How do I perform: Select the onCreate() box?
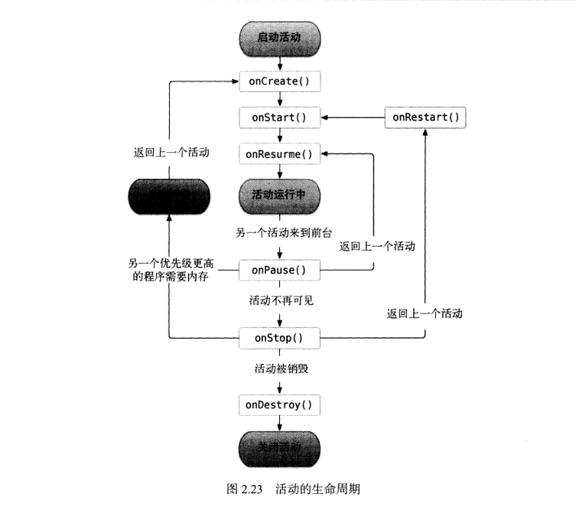pyautogui.click(x=279, y=81)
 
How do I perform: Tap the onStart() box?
pyautogui.click(x=279, y=117)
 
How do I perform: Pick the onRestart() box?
pyautogui.click(x=425, y=117)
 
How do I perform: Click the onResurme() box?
pyautogui.click(x=279, y=153)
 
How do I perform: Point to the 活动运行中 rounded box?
pyautogui.click(x=279, y=197)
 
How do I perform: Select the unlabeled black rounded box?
pyautogui.click(x=169, y=197)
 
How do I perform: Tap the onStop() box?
pyautogui.click(x=279, y=337)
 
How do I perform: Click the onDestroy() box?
pyautogui.click(x=279, y=404)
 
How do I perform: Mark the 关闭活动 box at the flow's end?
pyautogui.click(x=279, y=448)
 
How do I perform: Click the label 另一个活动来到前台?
pyautogui.click(x=279, y=233)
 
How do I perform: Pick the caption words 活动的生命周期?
pyautogui.click(x=312, y=489)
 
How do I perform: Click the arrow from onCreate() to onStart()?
pyautogui.click(x=279, y=98)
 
